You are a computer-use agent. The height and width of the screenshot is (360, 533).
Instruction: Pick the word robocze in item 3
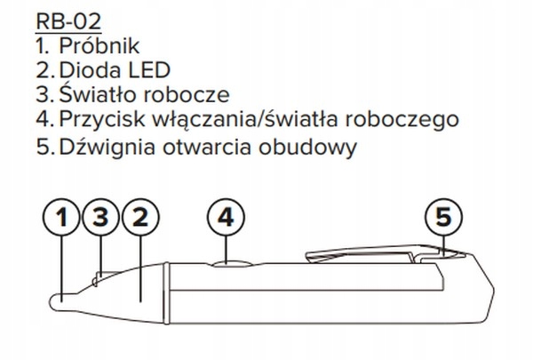point(188,93)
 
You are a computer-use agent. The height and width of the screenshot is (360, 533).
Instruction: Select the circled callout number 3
point(99,217)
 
